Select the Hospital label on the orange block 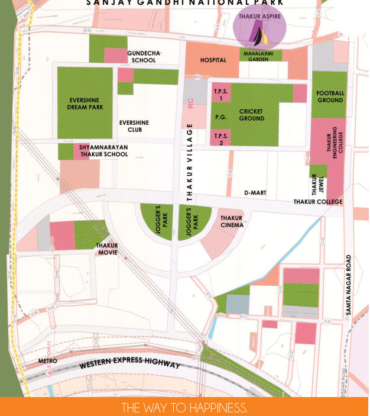click(213, 60)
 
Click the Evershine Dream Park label click(86, 104)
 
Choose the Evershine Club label click(134, 126)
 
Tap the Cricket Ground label click(251, 115)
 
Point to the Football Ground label click(330, 97)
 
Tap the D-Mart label click(255, 193)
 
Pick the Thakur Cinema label click(232, 221)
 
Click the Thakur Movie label click(107, 249)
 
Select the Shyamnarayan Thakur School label click(103, 151)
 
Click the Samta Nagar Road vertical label click(349, 288)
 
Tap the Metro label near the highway click(47, 360)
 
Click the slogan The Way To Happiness click(184, 408)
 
